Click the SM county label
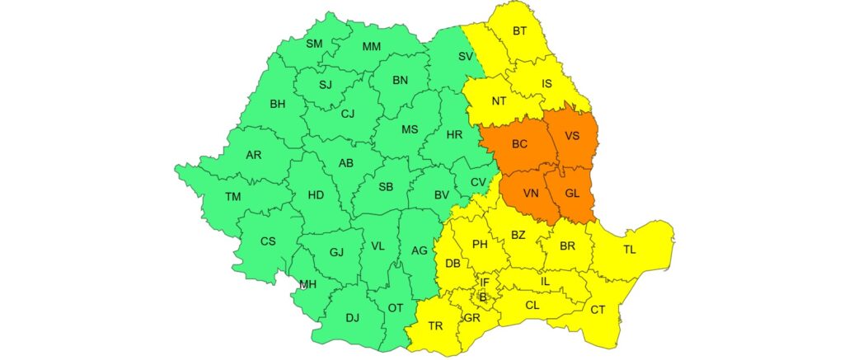pos(314,44)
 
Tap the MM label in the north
pos(372,46)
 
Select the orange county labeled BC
pos(519,144)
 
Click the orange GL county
pos(573,194)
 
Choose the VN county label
pos(531,194)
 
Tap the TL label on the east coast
pos(629,250)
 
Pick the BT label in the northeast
pos(519,31)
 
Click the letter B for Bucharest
pos(484,297)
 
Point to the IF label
pos(485,283)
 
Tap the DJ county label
pos(353,317)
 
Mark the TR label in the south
pos(435,326)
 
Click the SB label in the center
pos(385,187)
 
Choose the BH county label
pos(277,104)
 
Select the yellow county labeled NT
pos(499,101)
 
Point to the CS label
pos(267,241)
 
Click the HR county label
pos(454,134)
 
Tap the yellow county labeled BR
pos(567,246)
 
